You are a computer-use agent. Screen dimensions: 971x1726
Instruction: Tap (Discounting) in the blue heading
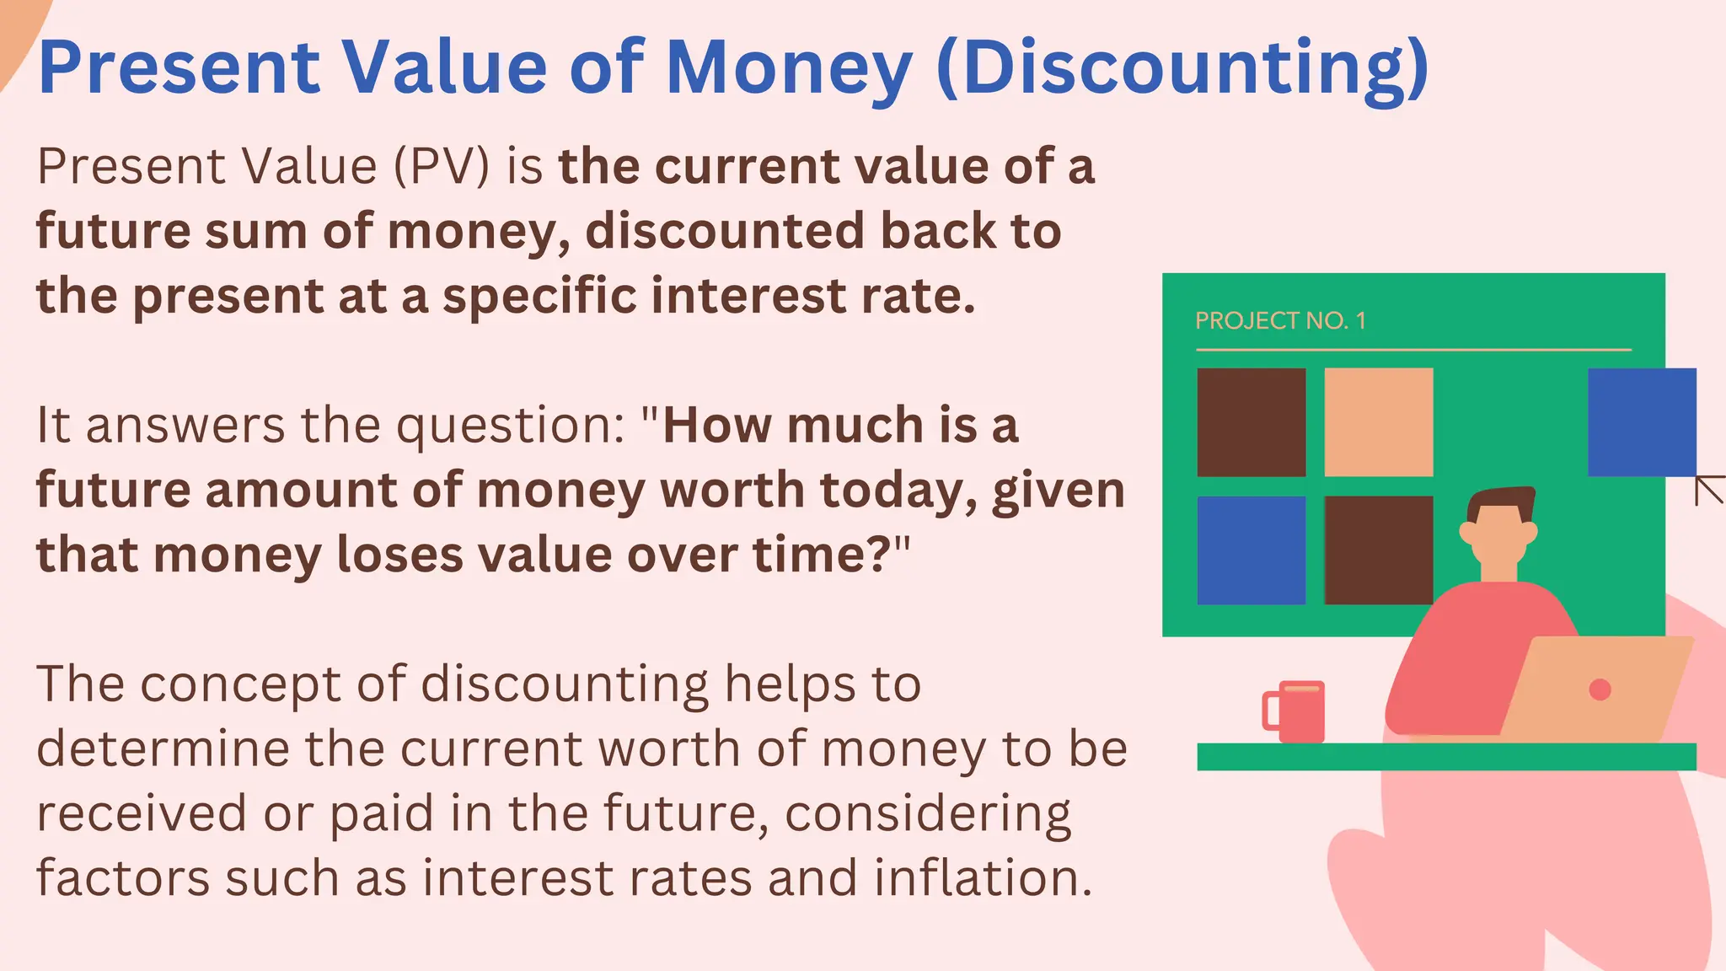[1182, 69]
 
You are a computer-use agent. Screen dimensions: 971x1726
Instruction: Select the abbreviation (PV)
[441, 166]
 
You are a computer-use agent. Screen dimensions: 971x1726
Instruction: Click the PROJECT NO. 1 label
[1280, 321]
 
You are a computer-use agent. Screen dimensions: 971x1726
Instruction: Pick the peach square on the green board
[1378, 421]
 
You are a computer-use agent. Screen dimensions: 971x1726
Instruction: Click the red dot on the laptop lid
[1600, 689]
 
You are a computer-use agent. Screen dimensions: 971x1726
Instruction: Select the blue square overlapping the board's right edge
[1641, 421]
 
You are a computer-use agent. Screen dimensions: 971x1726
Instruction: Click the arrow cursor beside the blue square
[1709, 491]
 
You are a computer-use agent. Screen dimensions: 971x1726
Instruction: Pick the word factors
[123, 877]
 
